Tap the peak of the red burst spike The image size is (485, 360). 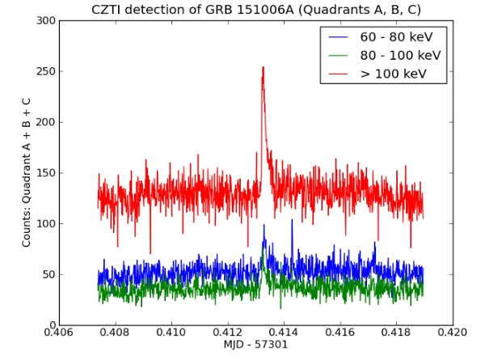click(x=263, y=69)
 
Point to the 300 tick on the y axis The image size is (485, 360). click(x=45, y=20)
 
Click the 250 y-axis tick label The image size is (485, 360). click(x=45, y=71)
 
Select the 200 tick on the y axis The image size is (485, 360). click(x=45, y=122)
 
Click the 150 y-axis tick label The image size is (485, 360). click(x=45, y=173)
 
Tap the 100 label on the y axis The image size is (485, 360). click(x=45, y=224)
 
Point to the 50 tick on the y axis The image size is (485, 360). click(x=48, y=275)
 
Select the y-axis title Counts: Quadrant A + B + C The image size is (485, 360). click(x=27, y=172)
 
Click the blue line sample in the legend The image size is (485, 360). click(x=339, y=37)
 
